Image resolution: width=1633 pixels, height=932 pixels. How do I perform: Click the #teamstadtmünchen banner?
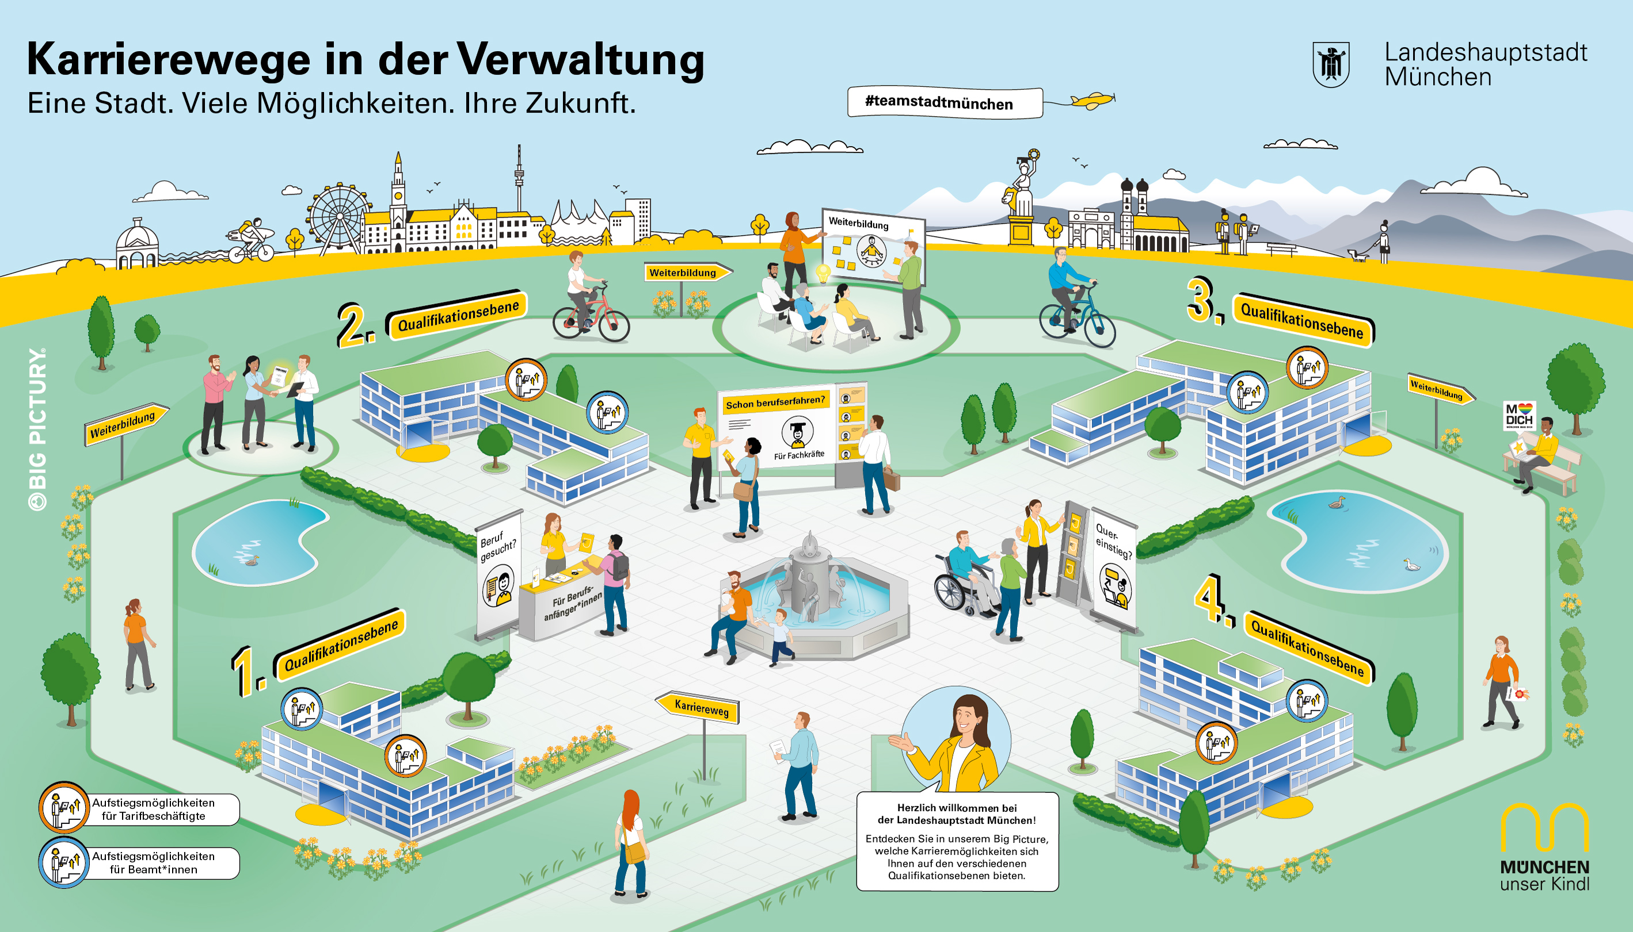945,103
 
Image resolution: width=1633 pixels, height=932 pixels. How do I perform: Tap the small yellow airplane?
1093,101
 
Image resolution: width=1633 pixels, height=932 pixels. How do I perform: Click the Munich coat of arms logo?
1331,64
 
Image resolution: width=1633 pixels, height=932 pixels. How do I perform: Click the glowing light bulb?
823,273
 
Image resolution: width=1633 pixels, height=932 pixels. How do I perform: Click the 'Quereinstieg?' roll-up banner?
1113,570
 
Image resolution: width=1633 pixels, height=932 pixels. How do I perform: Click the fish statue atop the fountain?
810,546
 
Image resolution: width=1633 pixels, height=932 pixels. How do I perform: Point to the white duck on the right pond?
1411,565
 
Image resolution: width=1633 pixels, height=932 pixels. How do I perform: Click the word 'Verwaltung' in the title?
580,60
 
